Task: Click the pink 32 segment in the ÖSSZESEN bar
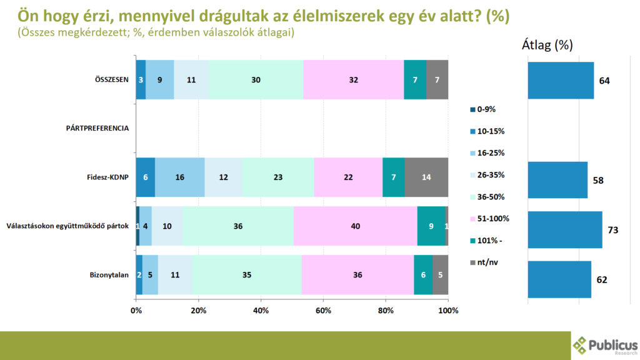[353, 79]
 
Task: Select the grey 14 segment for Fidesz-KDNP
[426, 177]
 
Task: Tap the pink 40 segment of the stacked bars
[355, 226]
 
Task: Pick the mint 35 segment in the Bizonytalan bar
[247, 275]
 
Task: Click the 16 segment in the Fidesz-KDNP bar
[179, 177]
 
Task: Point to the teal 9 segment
[431, 226]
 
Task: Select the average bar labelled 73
[564, 230]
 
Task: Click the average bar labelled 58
[557, 180]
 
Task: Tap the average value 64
[604, 81]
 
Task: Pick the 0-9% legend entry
[486, 109]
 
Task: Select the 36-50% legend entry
[489, 196]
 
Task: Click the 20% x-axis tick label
[198, 311]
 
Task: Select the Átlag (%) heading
[547, 45]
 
